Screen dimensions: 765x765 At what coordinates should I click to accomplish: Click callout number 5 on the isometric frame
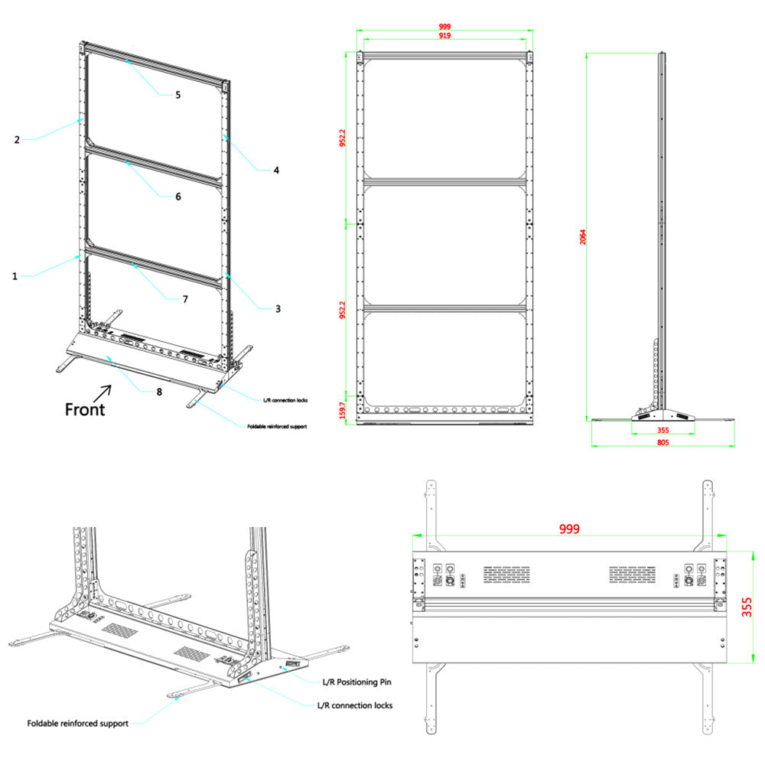(x=177, y=95)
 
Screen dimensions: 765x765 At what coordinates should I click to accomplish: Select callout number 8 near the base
(x=159, y=391)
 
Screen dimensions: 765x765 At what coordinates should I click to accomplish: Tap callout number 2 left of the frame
(x=16, y=139)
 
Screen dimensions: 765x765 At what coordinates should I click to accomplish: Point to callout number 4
(x=276, y=171)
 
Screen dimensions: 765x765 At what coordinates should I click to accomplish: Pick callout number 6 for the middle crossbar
(x=178, y=197)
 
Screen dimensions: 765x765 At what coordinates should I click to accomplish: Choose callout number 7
(x=184, y=299)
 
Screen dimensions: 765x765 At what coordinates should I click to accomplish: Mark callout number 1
(x=15, y=276)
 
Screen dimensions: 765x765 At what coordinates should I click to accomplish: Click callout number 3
(x=278, y=309)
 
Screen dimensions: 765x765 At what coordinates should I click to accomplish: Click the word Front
(x=84, y=409)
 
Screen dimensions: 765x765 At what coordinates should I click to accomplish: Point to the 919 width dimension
(x=444, y=36)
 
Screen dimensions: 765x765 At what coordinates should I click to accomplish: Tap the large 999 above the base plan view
(x=568, y=529)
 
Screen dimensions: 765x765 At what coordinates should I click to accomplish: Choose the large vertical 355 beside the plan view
(x=747, y=607)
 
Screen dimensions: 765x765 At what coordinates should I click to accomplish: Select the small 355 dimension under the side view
(x=662, y=430)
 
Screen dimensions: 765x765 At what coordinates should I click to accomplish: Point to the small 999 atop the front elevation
(x=444, y=27)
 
